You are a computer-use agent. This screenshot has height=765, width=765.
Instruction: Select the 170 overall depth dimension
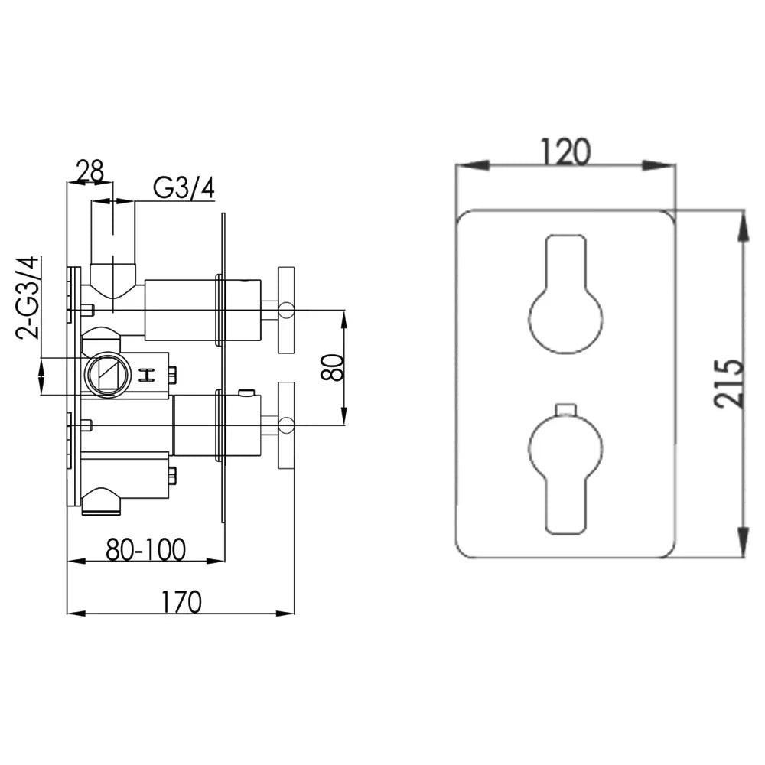tap(181, 602)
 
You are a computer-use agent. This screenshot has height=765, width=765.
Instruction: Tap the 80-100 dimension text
tap(146, 549)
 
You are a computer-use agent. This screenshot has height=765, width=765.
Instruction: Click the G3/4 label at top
tap(184, 188)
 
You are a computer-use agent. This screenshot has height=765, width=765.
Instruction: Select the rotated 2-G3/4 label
tap(28, 298)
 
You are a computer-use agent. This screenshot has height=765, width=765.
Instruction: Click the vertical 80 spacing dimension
tap(333, 367)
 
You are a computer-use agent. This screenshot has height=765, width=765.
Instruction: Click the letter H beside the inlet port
tap(146, 375)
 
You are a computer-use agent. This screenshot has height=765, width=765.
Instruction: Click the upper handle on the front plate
tap(566, 295)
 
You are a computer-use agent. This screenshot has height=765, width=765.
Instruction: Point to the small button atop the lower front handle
tap(565, 409)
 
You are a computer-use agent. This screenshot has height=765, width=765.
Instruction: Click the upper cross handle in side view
tap(286, 310)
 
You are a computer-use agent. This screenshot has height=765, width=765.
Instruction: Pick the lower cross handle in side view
tap(286, 425)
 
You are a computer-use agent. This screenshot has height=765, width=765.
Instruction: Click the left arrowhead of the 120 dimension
tap(473, 165)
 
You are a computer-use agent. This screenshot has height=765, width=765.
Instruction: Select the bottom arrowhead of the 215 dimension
tap(743, 542)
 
